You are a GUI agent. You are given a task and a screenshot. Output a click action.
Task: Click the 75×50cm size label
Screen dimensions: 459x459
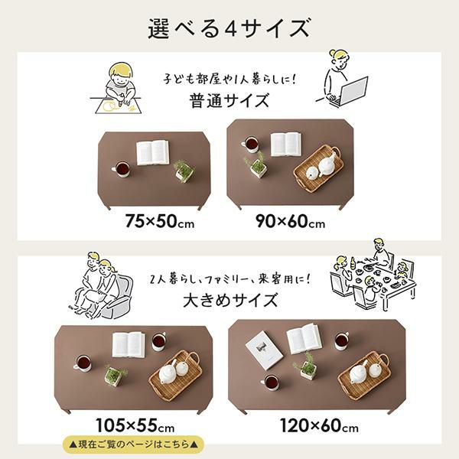[160, 221]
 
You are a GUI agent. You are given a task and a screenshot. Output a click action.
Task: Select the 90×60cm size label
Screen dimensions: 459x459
[291, 221]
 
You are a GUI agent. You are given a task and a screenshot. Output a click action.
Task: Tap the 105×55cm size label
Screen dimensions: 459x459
[135, 425]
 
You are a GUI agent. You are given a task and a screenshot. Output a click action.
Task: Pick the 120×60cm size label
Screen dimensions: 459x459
[319, 425]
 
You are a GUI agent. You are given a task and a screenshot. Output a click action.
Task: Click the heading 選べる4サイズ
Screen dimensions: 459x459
[229, 28]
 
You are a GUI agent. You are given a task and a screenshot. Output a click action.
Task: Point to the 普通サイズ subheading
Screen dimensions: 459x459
[229, 100]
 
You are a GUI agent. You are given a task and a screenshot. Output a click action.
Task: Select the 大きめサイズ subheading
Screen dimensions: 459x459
[229, 301]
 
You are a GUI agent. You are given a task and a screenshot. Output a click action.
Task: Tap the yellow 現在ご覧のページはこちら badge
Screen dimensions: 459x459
[133, 444]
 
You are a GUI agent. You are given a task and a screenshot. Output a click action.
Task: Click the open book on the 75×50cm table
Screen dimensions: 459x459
[152, 152]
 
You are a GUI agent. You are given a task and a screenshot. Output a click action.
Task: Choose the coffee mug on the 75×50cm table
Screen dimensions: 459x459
[121, 170]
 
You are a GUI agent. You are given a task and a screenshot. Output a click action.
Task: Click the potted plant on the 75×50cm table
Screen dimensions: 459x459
[184, 171]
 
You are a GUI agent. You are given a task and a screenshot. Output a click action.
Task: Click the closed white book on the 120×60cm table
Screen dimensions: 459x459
[264, 350]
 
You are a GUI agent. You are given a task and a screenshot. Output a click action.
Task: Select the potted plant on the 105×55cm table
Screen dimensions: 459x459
[116, 375]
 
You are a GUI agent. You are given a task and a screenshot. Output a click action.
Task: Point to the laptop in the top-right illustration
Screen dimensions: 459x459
[352, 91]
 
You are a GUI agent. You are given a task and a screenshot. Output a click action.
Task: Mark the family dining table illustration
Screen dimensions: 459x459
[373, 275]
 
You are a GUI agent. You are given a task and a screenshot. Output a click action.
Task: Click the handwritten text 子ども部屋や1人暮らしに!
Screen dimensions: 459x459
[230, 79]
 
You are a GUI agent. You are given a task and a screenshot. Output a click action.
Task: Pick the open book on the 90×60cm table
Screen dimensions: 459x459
[285, 144]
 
